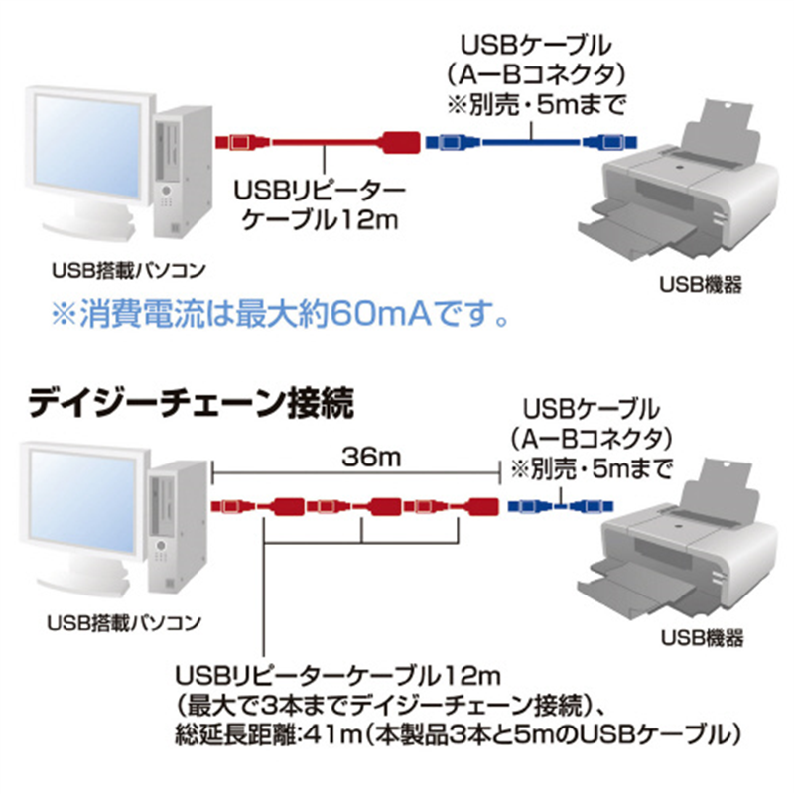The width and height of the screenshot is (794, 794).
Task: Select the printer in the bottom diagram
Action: point(685,546)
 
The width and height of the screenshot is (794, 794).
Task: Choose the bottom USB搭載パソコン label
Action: point(123,622)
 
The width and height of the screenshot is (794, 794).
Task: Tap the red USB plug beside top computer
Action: point(238,142)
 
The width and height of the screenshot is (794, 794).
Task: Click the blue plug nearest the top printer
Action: point(604,142)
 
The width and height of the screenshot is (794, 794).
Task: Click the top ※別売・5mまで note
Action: point(535,100)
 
